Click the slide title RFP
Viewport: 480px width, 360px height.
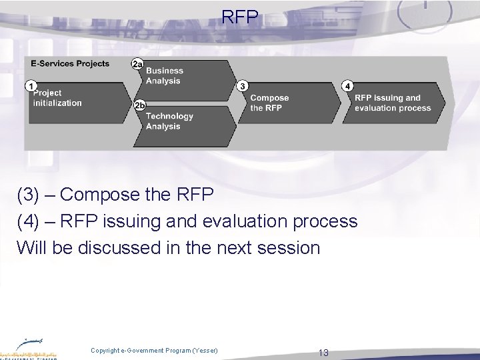(x=240, y=17)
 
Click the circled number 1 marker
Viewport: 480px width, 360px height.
(x=30, y=85)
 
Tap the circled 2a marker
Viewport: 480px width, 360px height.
(x=137, y=63)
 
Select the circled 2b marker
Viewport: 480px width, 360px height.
(x=139, y=105)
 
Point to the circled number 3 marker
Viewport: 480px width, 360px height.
(x=243, y=86)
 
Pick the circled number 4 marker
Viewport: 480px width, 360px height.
(x=347, y=86)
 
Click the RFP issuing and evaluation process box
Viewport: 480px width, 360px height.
(x=397, y=103)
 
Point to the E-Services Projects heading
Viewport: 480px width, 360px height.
(x=70, y=64)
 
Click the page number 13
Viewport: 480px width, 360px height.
(x=324, y=353)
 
